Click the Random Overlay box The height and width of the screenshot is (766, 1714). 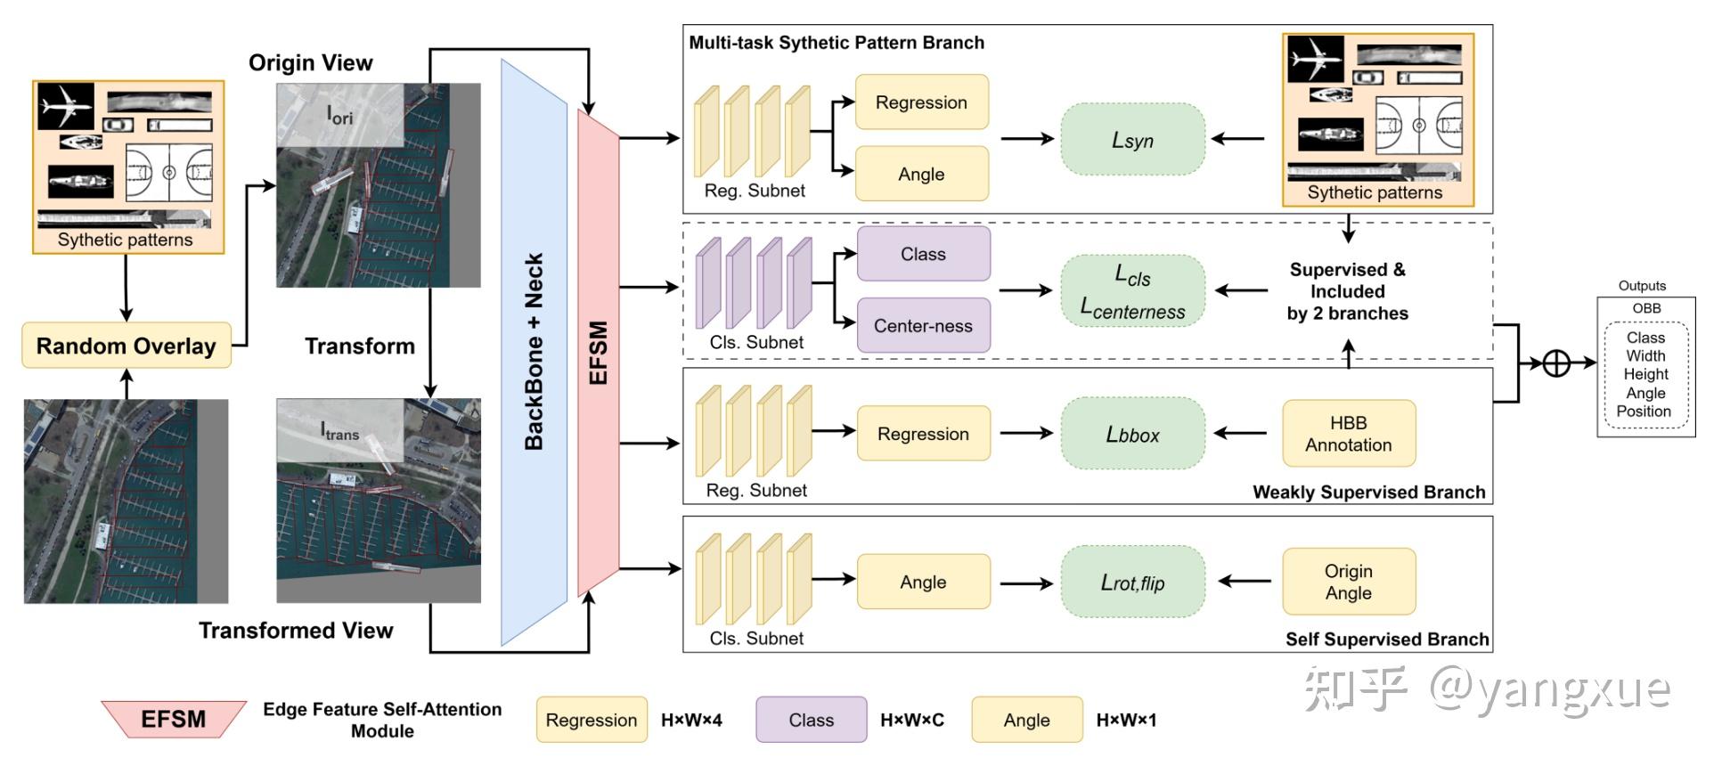click(126, 346)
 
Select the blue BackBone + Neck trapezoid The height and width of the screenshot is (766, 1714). click(534, 352)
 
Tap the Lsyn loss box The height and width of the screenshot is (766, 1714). click(1132, 140)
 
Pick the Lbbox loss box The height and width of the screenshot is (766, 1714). click(1132, 435)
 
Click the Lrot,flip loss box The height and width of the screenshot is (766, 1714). click(1132, 583)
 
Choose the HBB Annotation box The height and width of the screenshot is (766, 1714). click(1348, 434)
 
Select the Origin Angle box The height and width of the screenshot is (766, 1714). click(1348, 582)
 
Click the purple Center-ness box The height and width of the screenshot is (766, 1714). click(923, 326)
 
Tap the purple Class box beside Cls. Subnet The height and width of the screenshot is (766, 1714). click(923, 254)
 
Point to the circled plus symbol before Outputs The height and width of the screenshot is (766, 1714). click(1555, 363)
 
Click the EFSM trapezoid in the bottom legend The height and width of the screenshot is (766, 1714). click(173, 719)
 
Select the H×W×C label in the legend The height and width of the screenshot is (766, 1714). click(912, 720)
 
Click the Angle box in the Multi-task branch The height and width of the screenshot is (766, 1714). click(921, 175)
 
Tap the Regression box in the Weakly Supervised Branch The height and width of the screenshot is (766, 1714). click(923, 434)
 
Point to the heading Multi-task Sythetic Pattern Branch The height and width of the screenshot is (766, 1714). click(837, 43)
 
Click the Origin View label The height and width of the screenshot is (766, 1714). click(310, 62)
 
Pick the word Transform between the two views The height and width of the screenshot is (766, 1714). click(360, 346)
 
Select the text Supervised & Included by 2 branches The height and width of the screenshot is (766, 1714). click(1347, 291)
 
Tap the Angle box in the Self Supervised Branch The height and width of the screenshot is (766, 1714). click(923, 582)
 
